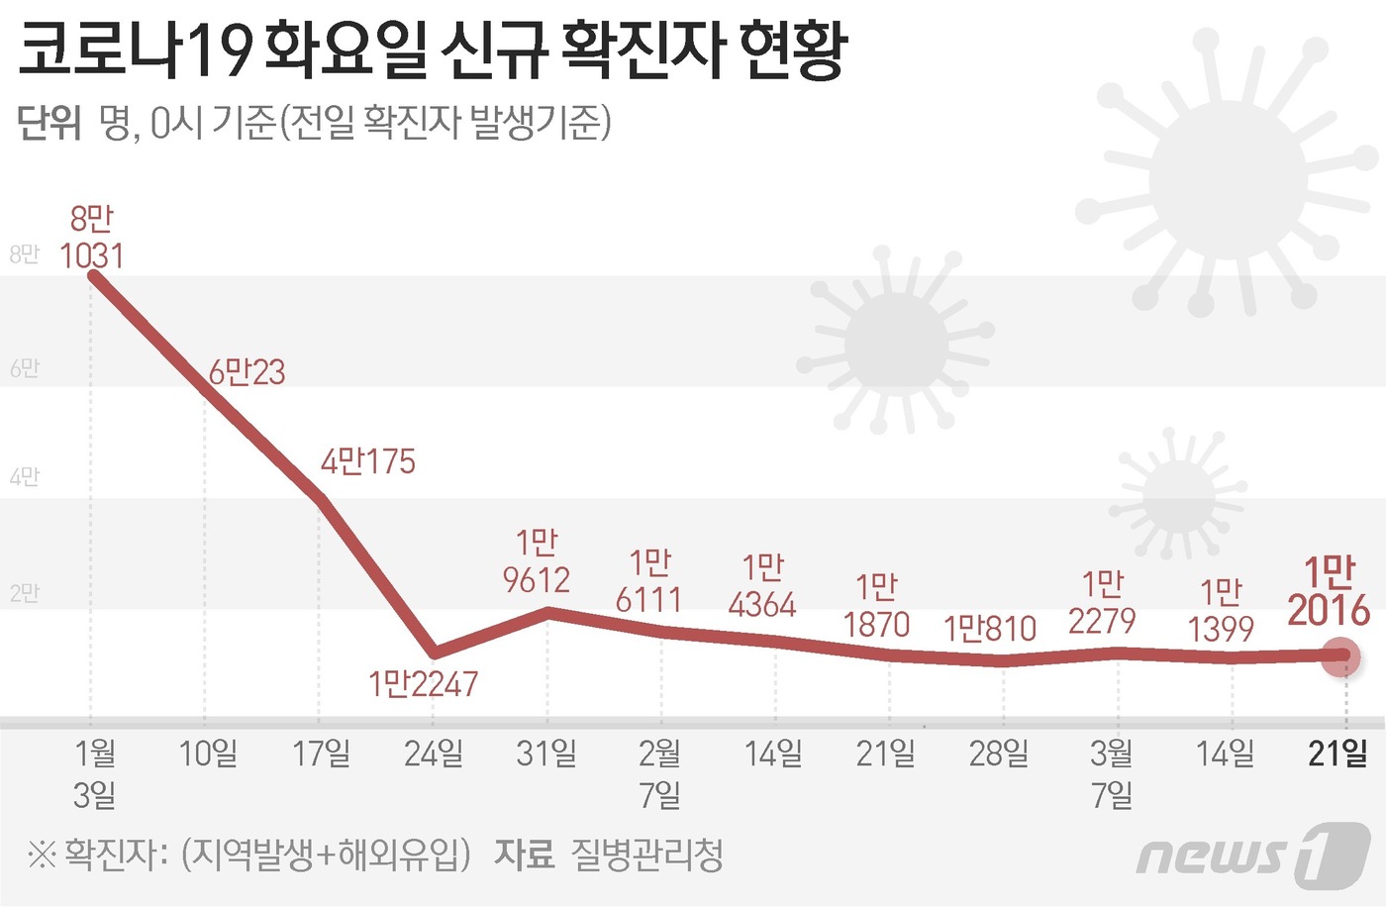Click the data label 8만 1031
[x=92, y=238]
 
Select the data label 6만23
[x=247, y=372]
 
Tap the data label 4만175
[x=368, y=461]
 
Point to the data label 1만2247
[x=423, y=683]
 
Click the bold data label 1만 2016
[x=1329, y=591]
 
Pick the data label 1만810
[x=989, y=629]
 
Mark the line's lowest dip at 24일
[x=434, y=653]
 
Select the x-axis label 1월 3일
[x=95, y=773]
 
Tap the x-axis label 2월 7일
[x=659, y=773]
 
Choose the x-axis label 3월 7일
[x=1112, y=773]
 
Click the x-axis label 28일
[x=998, y=754]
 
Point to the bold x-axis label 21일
[x=1337, y=754]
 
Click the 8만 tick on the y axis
[x=24, y=254]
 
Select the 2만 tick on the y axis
[x=24, y=593]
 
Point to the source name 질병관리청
[x=647, y=855]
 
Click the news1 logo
[x=1252, y=854]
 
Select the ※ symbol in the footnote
[x=41, y=855]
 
